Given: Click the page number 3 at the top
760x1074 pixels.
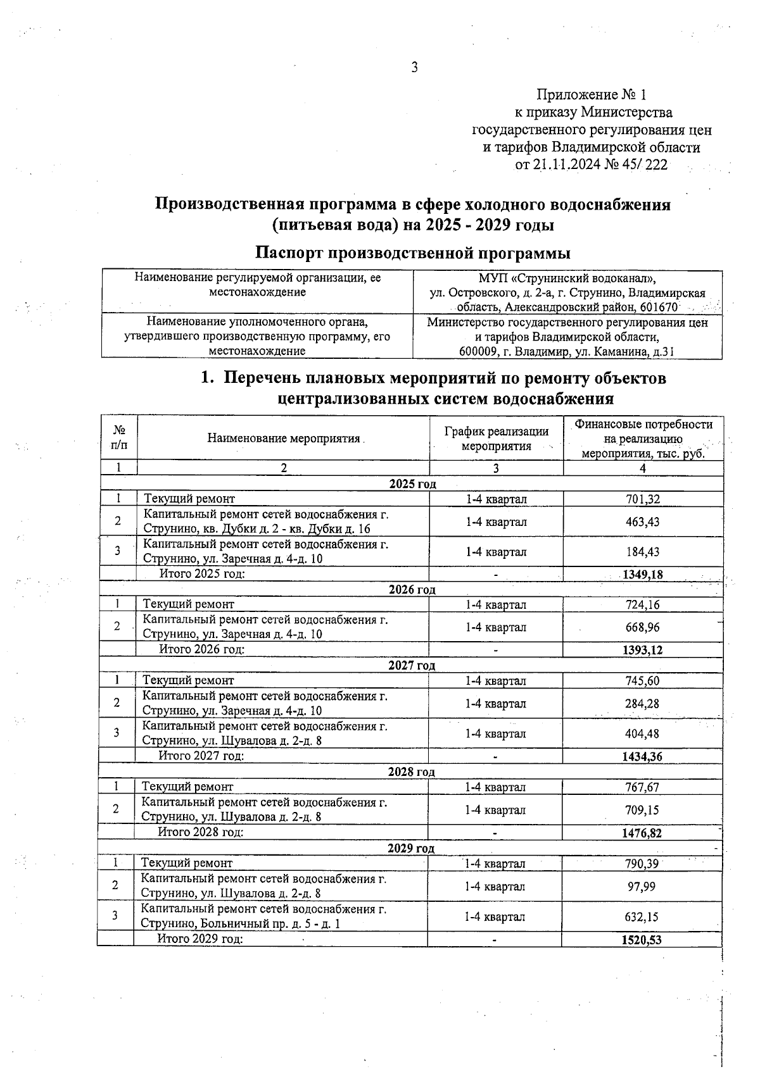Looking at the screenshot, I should click(414, 68).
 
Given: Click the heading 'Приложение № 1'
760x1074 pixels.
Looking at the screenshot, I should click(592, 95).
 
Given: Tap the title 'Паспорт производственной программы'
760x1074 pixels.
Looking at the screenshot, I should click(412, 253).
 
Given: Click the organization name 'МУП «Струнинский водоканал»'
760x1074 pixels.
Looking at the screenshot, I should click(567, 278).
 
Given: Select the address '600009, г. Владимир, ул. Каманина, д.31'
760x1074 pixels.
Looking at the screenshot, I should click(567, 351).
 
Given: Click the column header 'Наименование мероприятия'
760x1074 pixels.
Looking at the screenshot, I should click(284, 438).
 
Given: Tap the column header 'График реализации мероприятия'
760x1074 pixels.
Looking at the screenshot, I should click(496, 438).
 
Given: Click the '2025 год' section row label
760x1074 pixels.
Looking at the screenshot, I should click(412, 484).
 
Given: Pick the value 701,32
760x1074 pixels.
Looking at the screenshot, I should click(643, 499).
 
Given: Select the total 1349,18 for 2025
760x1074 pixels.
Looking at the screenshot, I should click(643, 575).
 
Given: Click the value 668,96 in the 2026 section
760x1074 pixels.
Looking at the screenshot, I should click(642, 627).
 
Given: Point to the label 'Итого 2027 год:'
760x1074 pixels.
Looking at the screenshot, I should click(201, 756).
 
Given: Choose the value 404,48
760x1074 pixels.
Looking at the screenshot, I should click(642, 734).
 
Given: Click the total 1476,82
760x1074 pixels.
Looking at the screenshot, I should click(642, 834).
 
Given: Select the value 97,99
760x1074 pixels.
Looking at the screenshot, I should click(642, 886).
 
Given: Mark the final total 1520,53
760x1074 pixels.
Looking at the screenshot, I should click(642, 940).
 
